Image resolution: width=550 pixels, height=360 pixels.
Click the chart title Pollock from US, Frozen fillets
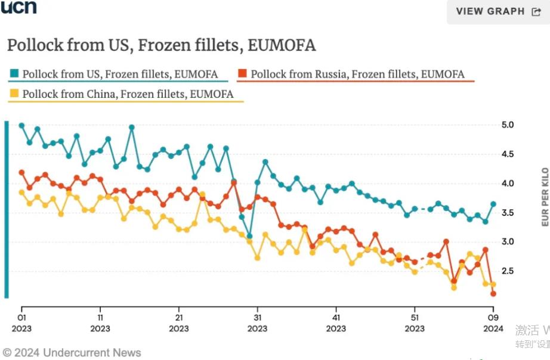tap(161, 45)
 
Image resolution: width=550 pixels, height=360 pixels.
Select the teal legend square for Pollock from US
tap(14, 74)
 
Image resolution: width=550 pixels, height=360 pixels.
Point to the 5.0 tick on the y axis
tap(507, 125)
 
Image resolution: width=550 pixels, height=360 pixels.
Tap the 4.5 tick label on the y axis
tap(507, 154)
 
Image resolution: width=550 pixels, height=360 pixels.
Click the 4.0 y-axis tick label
tap(507, 184)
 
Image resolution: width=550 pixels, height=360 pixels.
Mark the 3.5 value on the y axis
tap(507, 213)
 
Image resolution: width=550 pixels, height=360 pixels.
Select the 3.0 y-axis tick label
tap(507, 242)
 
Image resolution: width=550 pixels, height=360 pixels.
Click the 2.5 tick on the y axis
tap(507, 271)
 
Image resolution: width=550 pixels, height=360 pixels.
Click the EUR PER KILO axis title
tap(545, 197)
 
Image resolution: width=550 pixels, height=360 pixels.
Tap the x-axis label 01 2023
tap(21, 322)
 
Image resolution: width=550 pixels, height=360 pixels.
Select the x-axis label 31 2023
tap(257, 322)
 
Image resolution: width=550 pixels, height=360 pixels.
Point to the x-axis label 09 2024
tap(493, 322)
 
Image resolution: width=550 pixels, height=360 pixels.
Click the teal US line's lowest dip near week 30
tap(249, 237)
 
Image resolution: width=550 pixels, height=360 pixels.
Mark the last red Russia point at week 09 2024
tap(493, 294)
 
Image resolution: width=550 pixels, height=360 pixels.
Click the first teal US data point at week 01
tap(21, 126)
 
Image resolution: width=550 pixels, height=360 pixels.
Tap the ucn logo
tap(18, 7)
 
